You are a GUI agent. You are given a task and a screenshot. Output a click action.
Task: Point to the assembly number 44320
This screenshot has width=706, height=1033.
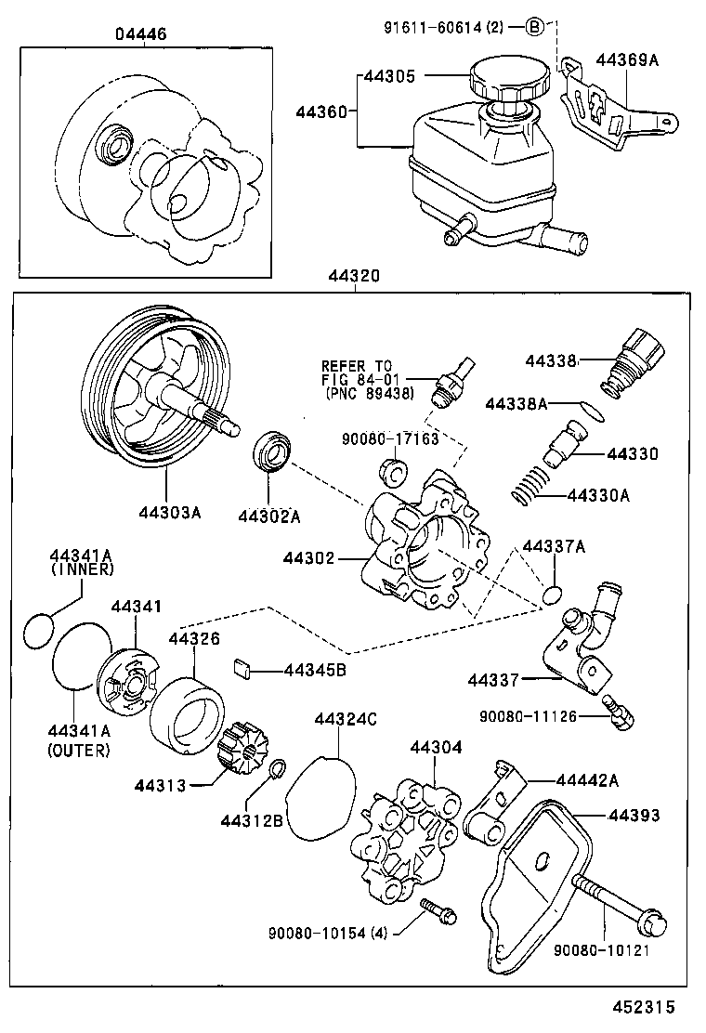352,277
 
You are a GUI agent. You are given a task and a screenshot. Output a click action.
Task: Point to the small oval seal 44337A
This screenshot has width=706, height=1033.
552,595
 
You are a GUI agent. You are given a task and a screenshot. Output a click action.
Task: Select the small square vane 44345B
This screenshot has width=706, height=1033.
243,666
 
